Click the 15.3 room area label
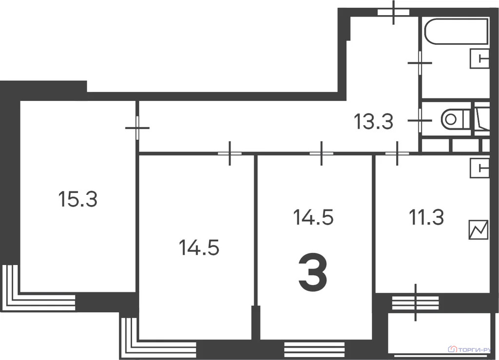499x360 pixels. [78, 199]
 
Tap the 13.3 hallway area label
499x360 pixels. [373, 122]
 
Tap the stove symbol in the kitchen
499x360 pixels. [478, 230]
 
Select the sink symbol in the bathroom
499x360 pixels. [480, 59]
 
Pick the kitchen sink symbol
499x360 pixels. [480, 168]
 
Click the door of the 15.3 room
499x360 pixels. [137, 128]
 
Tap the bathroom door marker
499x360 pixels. [420, 62]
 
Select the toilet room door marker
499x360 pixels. [420, 119]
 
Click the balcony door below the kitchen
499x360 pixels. [416, 302]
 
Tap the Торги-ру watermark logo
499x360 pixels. [470, 349]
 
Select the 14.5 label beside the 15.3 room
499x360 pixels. [199, 248]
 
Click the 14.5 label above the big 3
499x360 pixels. [313, 217]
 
